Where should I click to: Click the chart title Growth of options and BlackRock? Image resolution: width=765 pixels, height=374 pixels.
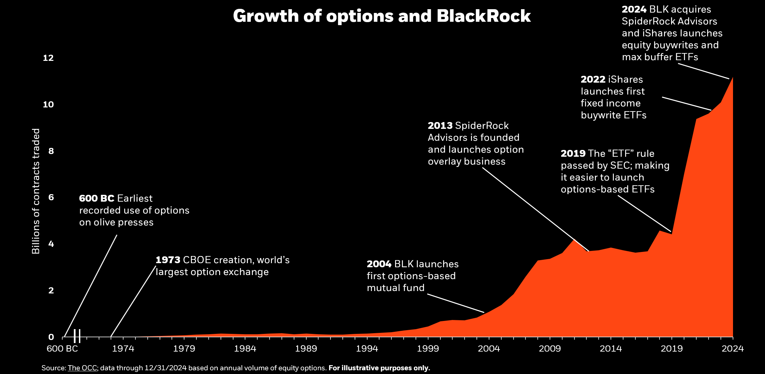point(381,16)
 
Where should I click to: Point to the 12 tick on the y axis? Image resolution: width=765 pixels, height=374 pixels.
point(48,58)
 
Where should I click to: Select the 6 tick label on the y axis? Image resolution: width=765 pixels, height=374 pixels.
point(51,197)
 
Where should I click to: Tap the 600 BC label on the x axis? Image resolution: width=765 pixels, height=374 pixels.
point(62,348)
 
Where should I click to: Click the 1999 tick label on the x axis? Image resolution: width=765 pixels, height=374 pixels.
point(428,348)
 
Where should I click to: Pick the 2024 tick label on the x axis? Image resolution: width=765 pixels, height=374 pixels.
point(733,348)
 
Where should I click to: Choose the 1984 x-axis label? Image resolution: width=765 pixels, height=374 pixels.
point(245,348)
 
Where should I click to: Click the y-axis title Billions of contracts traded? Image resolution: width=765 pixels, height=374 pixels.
point(36,191)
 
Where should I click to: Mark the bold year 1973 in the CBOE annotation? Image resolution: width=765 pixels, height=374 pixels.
point(168,260)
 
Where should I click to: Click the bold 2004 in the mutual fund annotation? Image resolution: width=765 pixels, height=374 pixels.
point(379,264)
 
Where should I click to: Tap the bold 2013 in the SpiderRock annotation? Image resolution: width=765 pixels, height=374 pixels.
point(440,126)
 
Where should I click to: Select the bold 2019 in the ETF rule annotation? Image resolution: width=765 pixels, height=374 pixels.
point(573,154)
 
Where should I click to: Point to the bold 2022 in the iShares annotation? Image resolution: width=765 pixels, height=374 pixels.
point(593,80)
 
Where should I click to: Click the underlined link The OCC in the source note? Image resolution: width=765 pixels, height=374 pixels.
point(82,368)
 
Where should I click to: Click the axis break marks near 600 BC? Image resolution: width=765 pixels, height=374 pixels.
point(77,336)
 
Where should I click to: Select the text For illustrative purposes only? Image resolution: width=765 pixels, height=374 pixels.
point(379,368)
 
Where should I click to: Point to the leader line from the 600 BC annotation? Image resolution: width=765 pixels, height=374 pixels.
point(90,286)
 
